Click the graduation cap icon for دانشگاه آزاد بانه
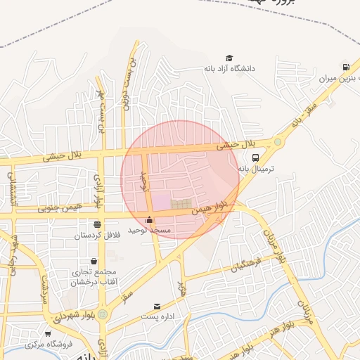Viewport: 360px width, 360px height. [x=229, y=58]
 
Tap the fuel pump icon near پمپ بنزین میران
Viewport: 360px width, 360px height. [x=346, y=68]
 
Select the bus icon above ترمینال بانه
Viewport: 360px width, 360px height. [x=255, y=158]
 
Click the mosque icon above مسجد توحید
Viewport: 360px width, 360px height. [x=148, y=220]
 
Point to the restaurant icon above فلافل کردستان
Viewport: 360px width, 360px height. [x=97, y=224]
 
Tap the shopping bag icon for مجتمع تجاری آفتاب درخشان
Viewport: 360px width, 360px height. [x=94, y=262]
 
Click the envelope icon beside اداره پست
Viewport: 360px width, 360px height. [x=157, y=307]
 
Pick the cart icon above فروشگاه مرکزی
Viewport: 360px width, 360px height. [x=48, y=334]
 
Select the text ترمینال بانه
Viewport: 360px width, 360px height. [x=259, y=169]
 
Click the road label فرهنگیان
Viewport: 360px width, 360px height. [x=247, y=266]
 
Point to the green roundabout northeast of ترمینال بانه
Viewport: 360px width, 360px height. [x=278, y=143]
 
